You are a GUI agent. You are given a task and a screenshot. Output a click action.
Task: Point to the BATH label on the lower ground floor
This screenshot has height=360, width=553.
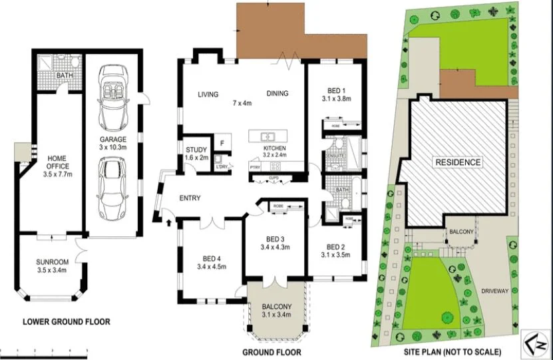tap(65, 75)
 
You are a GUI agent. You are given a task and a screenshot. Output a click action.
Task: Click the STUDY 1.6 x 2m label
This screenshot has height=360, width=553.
tap(196, 153)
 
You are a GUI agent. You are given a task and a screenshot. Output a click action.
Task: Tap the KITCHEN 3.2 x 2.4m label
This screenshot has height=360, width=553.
tap(275, 152)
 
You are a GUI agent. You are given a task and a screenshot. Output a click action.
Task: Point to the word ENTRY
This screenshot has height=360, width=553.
tap(190, 198)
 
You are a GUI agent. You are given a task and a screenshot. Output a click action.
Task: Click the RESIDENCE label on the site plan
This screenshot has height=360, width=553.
tap(458, 162)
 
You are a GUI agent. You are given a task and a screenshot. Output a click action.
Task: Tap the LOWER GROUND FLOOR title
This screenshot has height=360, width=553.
tap(67, 321)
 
